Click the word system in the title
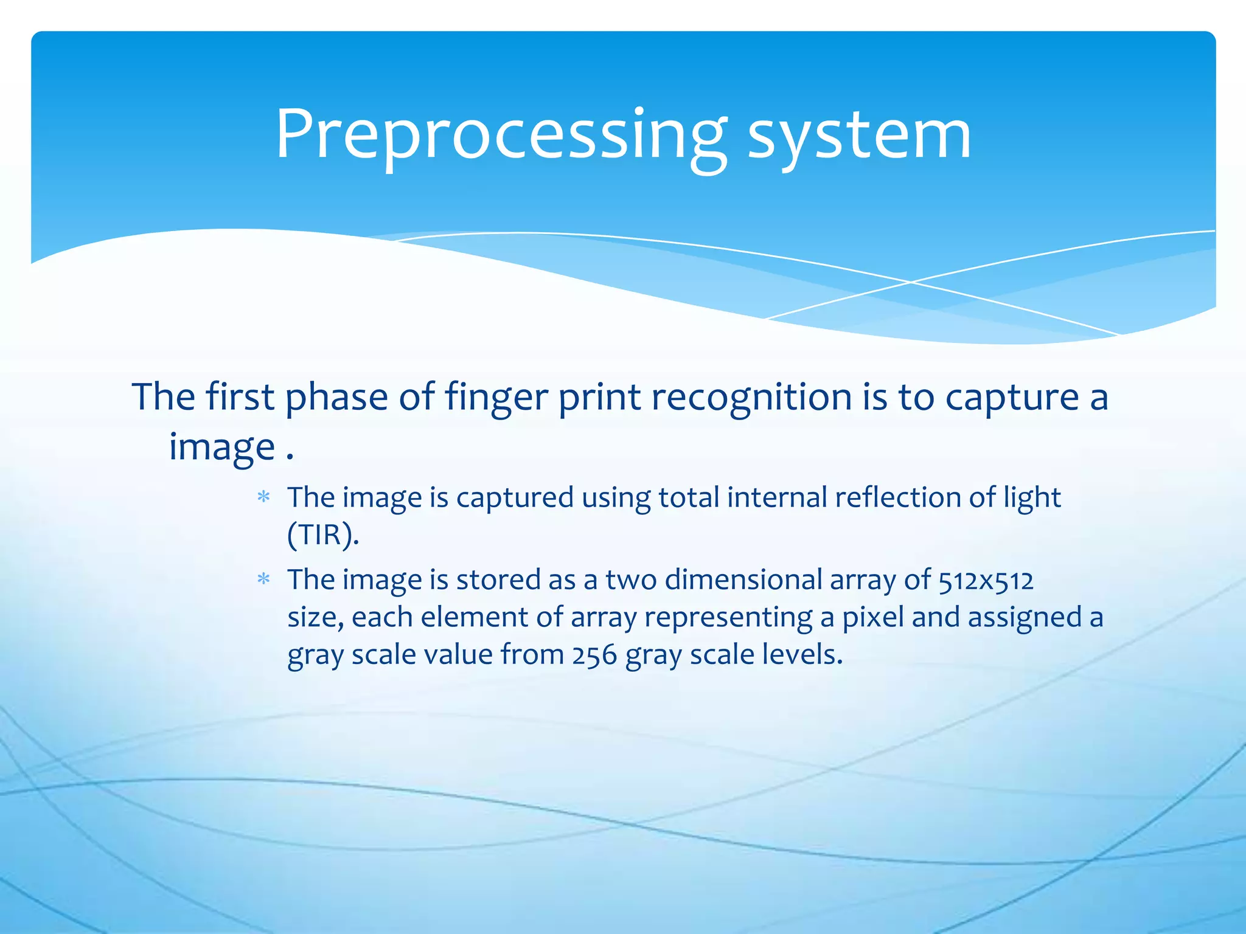coord(858,135)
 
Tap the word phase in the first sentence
coord(336,398)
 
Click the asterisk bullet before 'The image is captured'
coord(263,497)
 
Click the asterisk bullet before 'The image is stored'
coord(263,579)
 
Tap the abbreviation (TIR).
coord(322,535)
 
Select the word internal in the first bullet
coord(776,497)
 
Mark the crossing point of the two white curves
coord(911,282)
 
